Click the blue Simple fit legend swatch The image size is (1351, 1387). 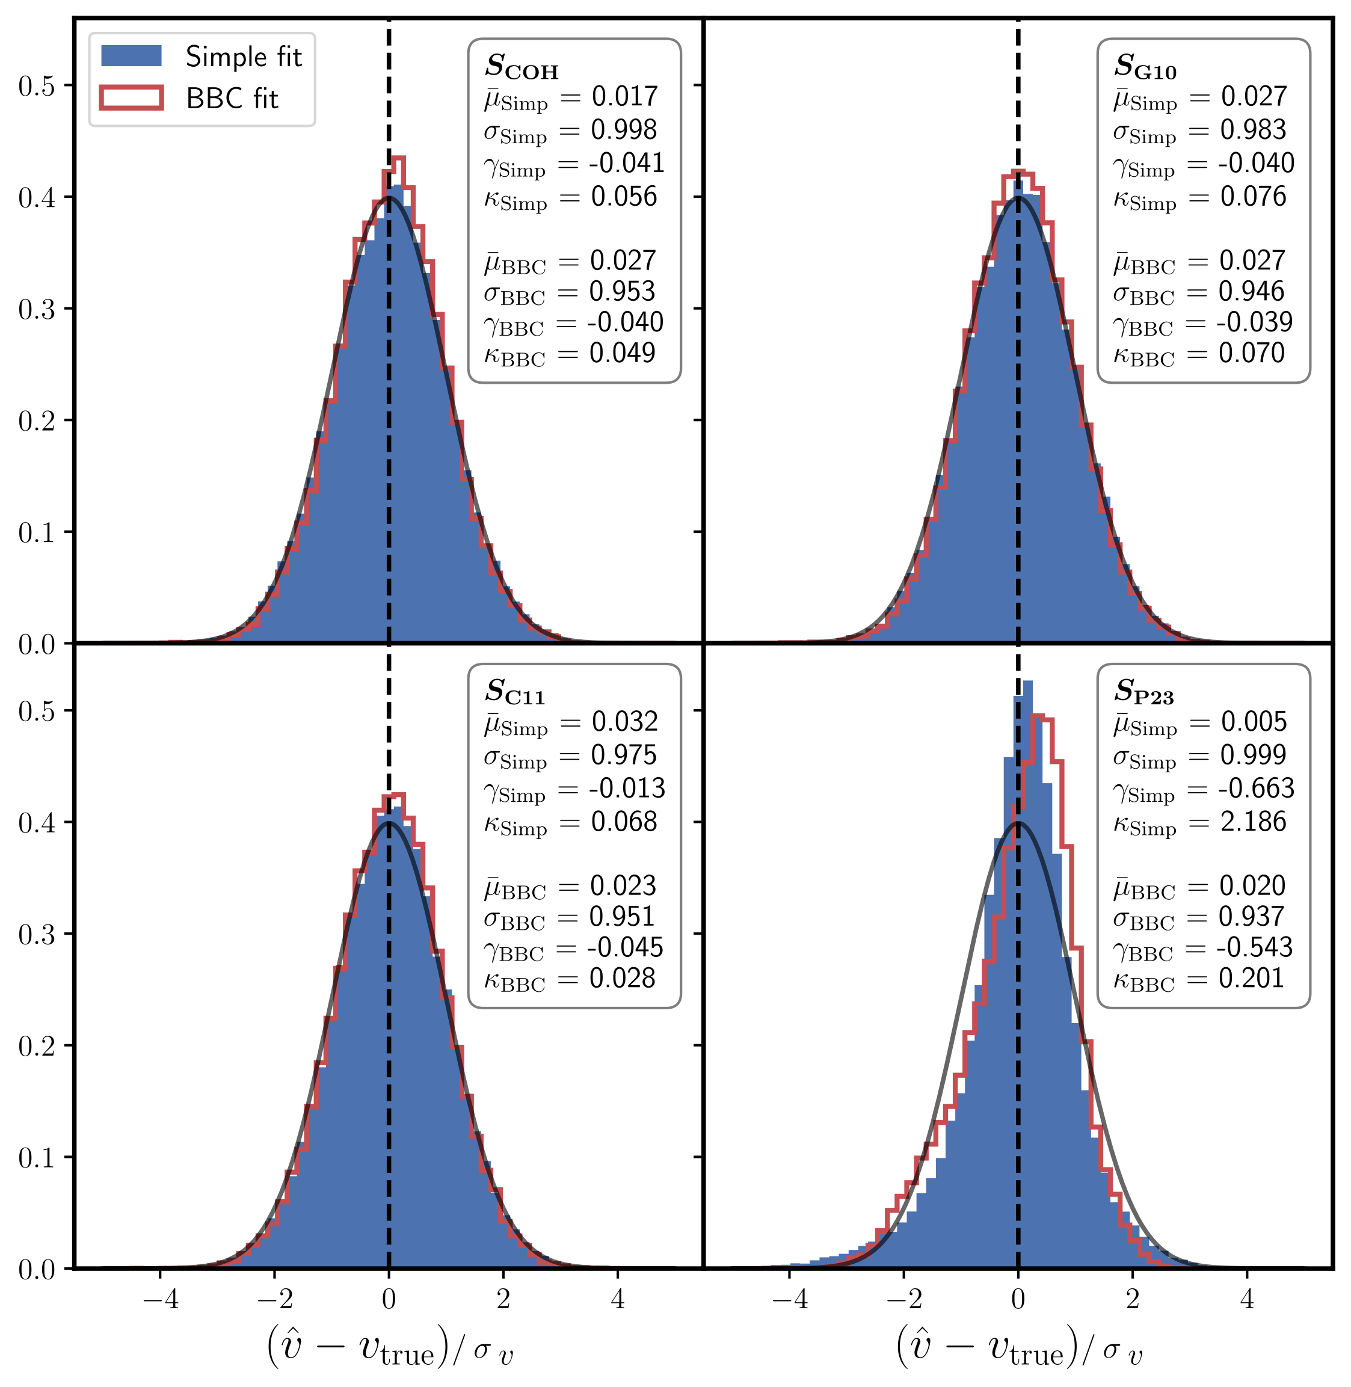point(131,56)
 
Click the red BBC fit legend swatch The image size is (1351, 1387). point(131,98)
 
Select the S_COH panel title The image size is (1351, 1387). point(522,67)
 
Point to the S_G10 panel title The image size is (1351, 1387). point(1145,67)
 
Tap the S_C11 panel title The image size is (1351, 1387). point(515,692)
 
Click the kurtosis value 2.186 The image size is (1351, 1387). point(1253,822)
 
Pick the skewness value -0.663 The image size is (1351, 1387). point(1256,788)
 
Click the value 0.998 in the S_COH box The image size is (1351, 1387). point(624,130)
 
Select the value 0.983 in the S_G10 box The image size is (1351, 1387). point(1253,130)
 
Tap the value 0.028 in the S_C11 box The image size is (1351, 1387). point(623,979)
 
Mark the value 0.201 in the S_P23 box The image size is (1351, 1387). point(1252,979)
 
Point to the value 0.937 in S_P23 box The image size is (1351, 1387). point(1252,917)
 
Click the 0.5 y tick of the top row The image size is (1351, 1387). point(36,86)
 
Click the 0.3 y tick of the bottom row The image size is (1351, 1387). point(36,934)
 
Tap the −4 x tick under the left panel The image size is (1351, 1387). point(161,1299)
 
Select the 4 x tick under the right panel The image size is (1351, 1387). point(1247,1299)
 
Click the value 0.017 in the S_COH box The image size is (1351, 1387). point(624,96)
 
